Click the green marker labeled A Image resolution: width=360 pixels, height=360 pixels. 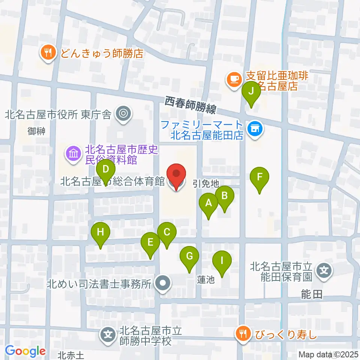209,205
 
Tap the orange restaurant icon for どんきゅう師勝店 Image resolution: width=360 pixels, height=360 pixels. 47,53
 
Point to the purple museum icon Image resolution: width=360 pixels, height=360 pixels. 73,153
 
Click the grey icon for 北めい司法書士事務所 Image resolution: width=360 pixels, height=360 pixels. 163,283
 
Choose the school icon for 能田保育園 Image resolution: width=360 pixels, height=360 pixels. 324,270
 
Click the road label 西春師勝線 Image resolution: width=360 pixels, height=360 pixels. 190,105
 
